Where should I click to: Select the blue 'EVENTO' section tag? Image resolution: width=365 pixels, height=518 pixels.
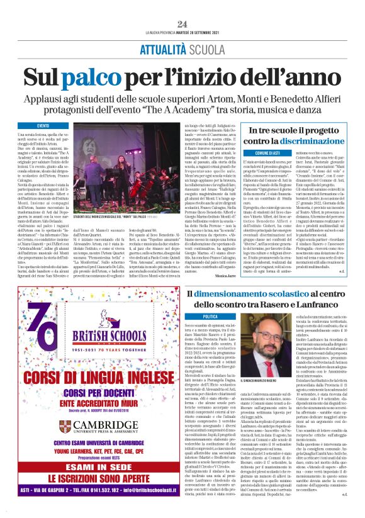(43, 126)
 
